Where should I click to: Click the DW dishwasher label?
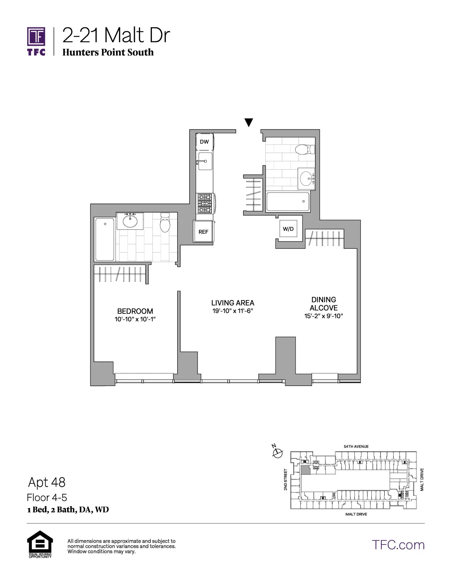204,142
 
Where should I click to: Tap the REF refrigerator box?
203,232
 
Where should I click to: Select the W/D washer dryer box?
288,229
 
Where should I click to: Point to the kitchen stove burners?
205,204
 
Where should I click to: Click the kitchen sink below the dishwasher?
205,161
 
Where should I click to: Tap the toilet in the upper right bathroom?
304,149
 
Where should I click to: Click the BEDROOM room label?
135,311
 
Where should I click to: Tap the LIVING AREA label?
233,303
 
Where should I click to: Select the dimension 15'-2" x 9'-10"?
324,316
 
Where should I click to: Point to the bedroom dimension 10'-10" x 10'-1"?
135,319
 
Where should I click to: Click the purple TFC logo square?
36,37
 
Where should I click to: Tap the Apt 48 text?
47,482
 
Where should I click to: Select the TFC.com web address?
398,545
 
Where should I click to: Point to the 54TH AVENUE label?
356,446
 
